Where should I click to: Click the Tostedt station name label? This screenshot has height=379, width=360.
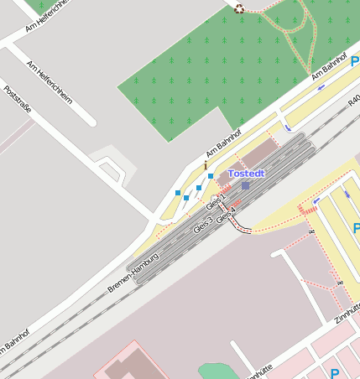[247, 173]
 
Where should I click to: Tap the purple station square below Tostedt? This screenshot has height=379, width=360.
[245, 184]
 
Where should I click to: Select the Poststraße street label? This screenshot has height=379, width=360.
[17, 103]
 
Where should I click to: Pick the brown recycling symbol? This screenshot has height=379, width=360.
[239, 8]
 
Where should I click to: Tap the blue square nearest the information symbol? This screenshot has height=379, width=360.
[210, 176]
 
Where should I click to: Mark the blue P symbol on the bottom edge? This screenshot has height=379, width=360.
[334, 373]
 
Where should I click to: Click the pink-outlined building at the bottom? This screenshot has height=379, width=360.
[126, 361]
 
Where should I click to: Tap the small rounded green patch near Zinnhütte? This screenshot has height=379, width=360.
[213, 371]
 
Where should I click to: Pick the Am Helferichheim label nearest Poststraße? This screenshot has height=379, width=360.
[50, 81]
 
